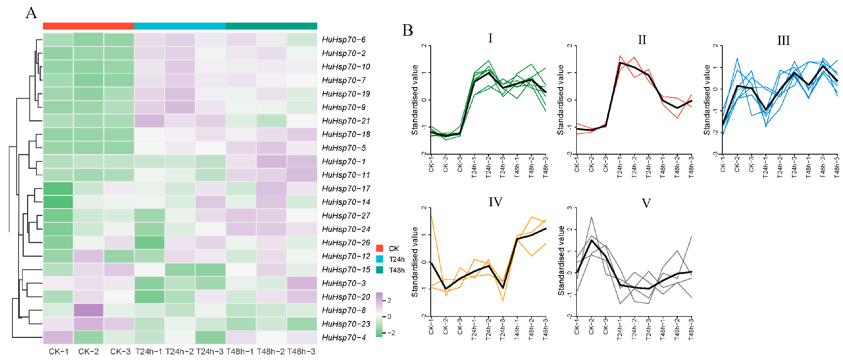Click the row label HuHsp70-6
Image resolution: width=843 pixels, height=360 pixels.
click(344, 40)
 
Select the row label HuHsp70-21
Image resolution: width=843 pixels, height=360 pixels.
click(346, 121)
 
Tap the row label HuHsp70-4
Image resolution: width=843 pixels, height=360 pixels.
click(344, 337)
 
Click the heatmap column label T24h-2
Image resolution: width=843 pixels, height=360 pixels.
click(179, 352)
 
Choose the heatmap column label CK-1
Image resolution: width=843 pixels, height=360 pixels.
click(59, 352)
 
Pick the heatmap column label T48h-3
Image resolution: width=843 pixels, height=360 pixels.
click(301, 352)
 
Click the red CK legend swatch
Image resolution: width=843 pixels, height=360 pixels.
click(380, 248)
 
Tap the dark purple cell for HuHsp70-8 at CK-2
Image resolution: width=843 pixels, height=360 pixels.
click(88, 310)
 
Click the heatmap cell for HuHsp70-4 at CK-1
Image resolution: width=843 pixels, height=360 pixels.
click(58, 337)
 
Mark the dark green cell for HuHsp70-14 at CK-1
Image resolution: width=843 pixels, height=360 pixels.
click(58, 202)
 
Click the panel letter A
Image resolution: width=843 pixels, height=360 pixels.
click(32, 13)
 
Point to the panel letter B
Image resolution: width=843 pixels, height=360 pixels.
click(407, 30)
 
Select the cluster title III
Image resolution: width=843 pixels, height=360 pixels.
click(784, 40)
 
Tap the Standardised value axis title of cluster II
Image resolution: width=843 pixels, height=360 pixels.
click(561, 100)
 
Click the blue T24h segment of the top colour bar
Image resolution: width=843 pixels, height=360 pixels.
click(180, 26)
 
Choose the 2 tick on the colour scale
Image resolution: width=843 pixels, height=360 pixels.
click(389, 301)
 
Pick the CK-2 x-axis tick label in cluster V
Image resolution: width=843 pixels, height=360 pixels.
click(591, 327)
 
